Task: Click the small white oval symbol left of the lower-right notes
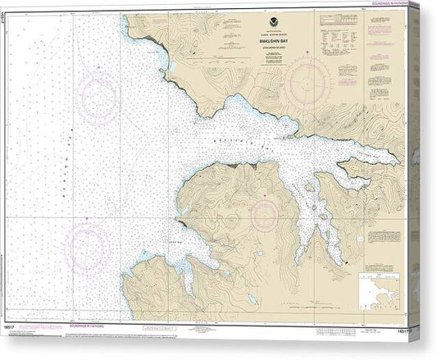[x=355, y=264]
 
